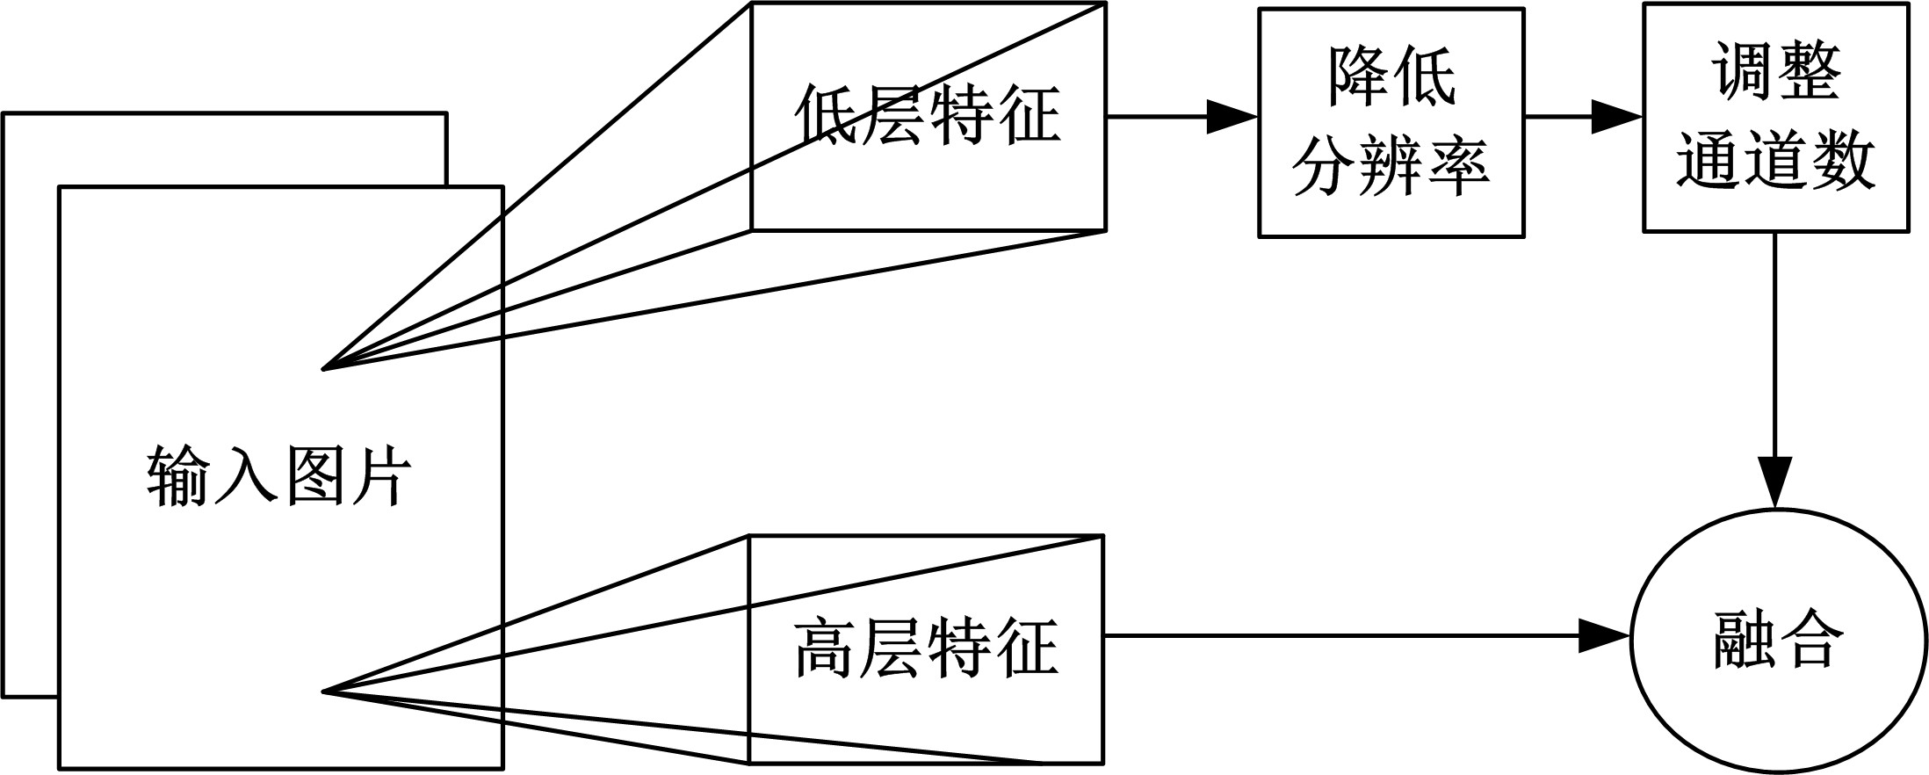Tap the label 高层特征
tap(927, 648)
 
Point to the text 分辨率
tap(1391, 167)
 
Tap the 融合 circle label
tap(1775, 640)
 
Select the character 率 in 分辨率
tap(1457, 167)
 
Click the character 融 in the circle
tap(1743, 640)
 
